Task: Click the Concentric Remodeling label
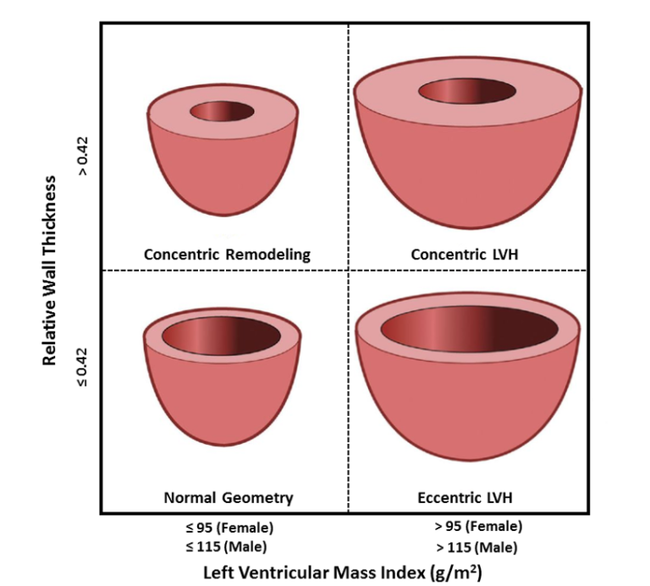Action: [x=227, y=255]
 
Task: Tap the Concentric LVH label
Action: [x=465, y=255]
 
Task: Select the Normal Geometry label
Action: [x=229, y=497]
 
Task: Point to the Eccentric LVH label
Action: [x=465, y=497]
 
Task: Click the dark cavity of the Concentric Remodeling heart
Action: [x=223, y=112]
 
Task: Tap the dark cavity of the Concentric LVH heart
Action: [x=467, y=91]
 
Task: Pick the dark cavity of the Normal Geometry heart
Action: [x=222, y=336]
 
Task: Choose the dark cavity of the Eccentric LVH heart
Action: [x=469, y=329]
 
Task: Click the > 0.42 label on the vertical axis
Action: [x=83, y=156]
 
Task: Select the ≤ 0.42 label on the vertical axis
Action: [x=83, y=367]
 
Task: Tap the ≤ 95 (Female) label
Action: [x=229, y=528]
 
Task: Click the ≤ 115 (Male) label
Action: [x=226, y=547]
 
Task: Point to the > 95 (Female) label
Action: [x=478, y=526]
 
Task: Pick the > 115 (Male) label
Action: [x=476, y=548]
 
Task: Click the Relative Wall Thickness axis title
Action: [x=49, y=270]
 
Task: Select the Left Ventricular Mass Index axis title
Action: [x=343, y=572]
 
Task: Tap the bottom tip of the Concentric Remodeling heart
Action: [x=223, y=216]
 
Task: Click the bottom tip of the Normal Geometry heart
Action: [x=223, y=446]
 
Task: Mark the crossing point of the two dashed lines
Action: [x=348, y=271]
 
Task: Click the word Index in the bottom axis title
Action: [x=406, y=572]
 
